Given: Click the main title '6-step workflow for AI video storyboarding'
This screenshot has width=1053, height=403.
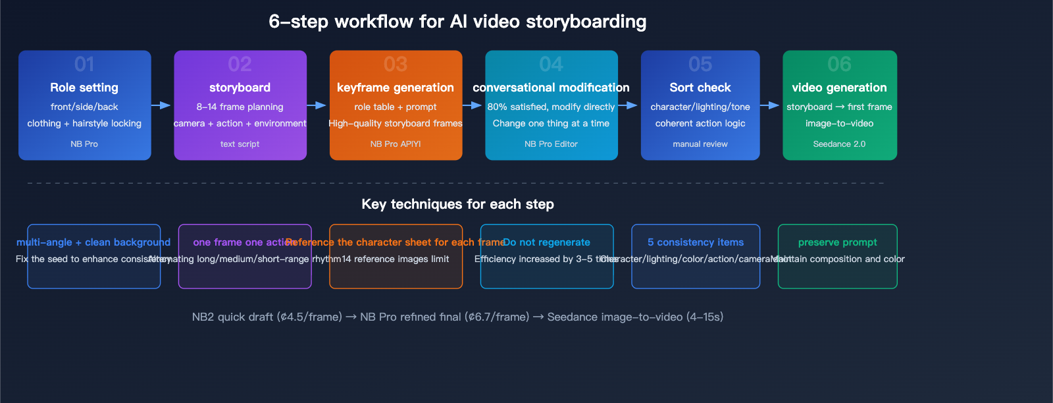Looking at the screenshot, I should click(457, 22).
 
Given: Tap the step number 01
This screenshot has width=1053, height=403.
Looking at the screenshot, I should click(84, 64).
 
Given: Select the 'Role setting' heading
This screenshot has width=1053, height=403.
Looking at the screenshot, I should click(84, 88).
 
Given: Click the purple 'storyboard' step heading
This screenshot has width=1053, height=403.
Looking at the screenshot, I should click(240, 88).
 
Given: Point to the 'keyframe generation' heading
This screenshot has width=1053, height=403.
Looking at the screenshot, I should click(395, 88).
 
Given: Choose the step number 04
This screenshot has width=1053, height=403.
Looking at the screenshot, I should click(551, 64).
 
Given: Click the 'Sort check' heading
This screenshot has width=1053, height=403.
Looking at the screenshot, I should click(700, 88).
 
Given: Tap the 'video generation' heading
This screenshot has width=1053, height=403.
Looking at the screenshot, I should click(839, 88).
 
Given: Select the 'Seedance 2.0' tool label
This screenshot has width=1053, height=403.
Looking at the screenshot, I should click(839, 144).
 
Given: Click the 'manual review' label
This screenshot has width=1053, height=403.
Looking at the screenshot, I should click(700, 144).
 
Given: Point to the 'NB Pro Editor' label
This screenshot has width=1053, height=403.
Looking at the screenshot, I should click(551, 144).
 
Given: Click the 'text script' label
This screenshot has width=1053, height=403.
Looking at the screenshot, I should click(240, 144).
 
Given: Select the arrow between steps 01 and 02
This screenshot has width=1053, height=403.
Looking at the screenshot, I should click(161, 105).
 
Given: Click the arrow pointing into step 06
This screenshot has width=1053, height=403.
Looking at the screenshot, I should click(770, 105).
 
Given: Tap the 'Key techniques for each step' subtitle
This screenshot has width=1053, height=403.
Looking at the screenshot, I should click(457, 204).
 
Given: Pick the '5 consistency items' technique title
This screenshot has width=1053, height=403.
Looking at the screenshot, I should click(695, 242).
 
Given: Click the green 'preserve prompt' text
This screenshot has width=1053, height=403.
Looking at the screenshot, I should click(837, 242).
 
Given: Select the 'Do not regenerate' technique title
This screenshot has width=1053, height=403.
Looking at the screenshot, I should click(546, 242).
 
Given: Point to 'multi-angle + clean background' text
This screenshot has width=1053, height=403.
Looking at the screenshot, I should click(93, 242).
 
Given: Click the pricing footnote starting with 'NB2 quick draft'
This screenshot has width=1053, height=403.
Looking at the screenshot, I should click(457, 317).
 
